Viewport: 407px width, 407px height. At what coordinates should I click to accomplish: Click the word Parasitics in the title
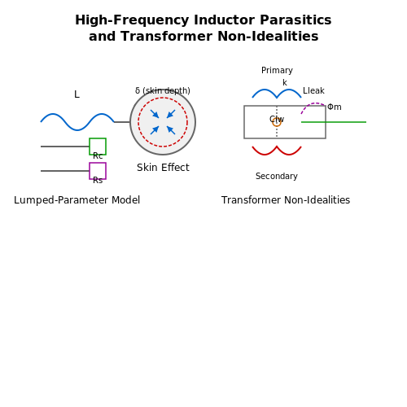[295, 20]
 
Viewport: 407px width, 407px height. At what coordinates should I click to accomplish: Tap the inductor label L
[77, 94]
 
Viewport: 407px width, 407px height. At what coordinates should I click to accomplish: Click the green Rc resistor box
[98, 147]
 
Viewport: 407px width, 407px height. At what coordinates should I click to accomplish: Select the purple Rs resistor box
[98, 171]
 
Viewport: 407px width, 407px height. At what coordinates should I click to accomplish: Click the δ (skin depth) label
[163, 90]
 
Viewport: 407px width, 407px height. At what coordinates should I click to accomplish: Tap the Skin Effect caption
[163, 168]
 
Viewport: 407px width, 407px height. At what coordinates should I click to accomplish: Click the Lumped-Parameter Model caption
[77, 200]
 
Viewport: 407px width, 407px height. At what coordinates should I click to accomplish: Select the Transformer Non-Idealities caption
[286, 200]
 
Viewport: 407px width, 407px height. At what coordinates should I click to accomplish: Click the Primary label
[277, 70]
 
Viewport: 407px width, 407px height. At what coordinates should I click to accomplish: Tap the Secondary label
[277, 176]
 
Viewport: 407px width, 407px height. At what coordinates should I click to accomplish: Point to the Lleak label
[313, 90]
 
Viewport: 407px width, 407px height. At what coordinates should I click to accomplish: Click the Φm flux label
[335, 107]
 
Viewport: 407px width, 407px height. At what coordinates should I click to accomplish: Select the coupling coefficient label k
[285, 82]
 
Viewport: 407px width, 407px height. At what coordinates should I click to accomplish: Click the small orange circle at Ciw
[277, 126]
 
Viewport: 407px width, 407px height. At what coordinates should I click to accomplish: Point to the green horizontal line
[334, 122]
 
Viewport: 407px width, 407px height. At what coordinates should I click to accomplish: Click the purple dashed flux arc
[313, 103]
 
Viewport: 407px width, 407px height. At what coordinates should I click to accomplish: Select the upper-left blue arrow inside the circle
[155, 114]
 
